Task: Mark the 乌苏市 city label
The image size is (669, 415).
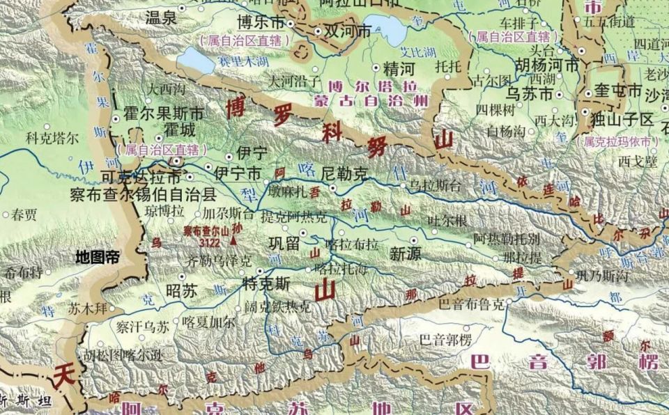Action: pyautogui.click(x=529, y=93)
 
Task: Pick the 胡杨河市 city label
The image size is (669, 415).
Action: pyautogui.click(x=547, y=66)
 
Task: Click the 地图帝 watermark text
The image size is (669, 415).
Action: pyautogui.click(x=98, y=258)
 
